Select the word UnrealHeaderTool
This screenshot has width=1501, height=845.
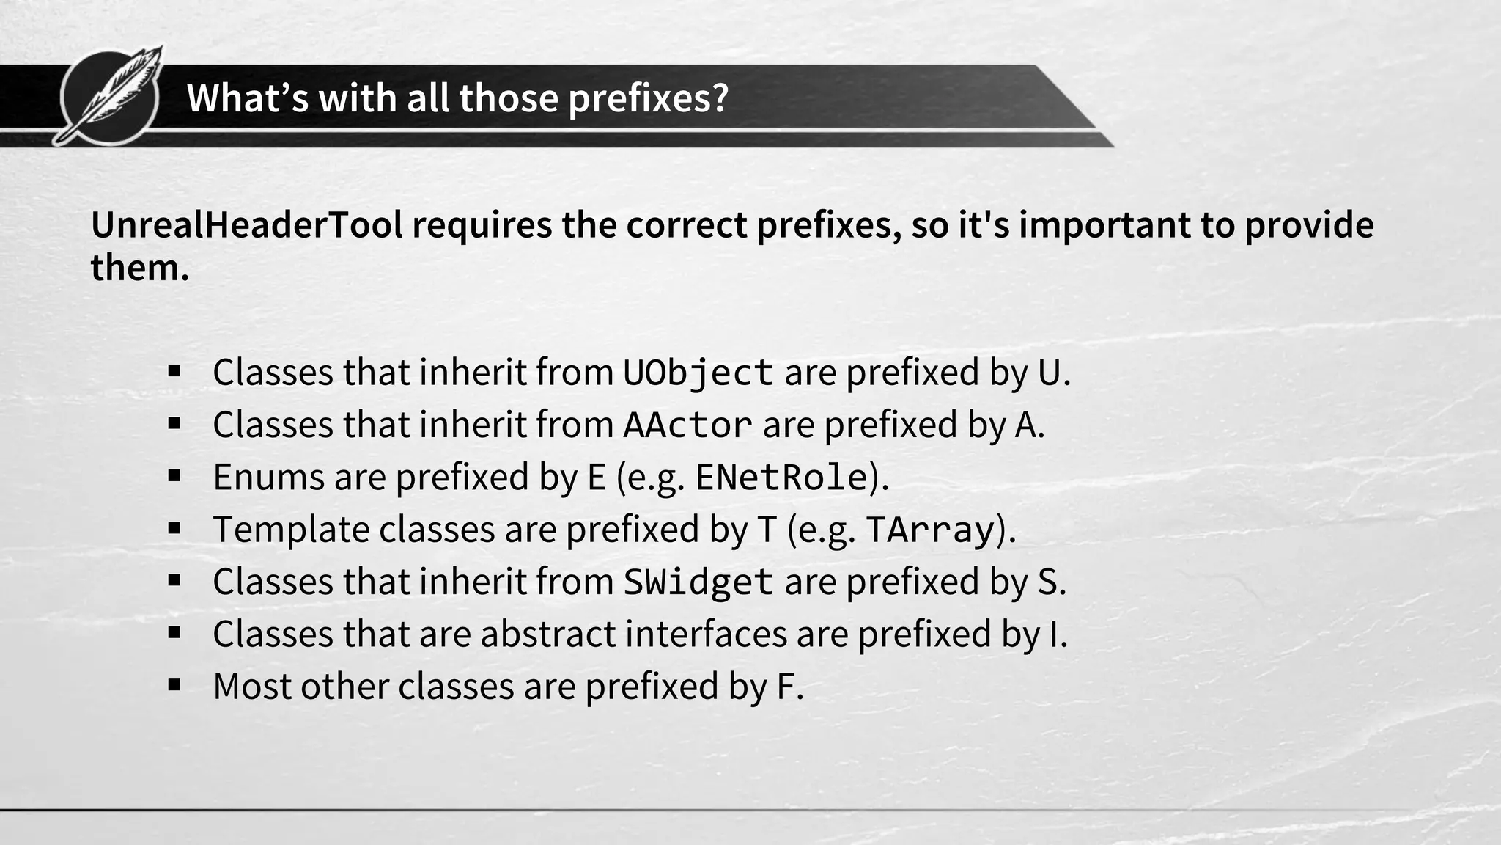click(247, 225)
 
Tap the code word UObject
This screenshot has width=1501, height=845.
click(698, 373)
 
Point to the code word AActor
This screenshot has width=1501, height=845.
click(687, 425)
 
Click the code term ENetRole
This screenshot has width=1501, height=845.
click(781, 478)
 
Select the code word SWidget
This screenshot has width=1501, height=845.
click(698, 582)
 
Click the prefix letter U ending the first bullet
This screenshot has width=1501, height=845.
click(1049, 373)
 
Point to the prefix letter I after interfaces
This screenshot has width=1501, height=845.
click(1054, 634)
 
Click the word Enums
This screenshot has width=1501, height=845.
click(268, 478)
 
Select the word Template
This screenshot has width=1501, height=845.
click(291, 530)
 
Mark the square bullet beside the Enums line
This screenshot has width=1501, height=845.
click(174, 476)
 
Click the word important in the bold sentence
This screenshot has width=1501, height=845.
click(1104, 225)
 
